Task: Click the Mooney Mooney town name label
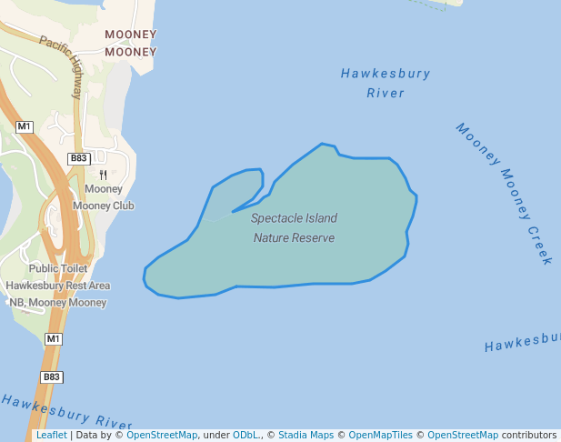coord(130,43)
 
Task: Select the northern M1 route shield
coord(25,126)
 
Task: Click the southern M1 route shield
coord(54,339)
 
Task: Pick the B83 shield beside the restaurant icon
coord(78,158)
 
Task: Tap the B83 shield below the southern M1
coord(52,377)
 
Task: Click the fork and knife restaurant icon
coord(103,175)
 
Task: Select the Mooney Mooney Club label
coord(103,197)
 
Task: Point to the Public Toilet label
coord(58,268)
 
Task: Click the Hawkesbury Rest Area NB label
coord(58,294)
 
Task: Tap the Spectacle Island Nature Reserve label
coord(294,228)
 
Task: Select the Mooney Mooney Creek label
coord(505,193)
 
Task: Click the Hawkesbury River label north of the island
coord(386,83)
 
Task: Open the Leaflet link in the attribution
coord(51,436)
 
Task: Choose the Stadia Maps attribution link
coord(305,436)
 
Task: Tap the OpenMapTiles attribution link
coord(381,436)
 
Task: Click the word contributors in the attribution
coord(528,436)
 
